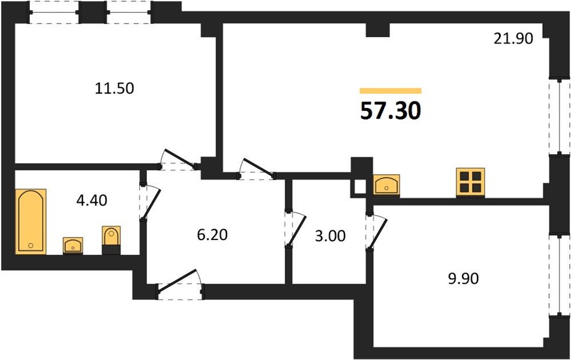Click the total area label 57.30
point(390,111)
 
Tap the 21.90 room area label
point(513,38)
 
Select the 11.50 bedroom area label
point(115,88)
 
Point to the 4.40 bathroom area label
point(92,200)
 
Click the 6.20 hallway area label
point(212,235)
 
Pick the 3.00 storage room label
point(330,236)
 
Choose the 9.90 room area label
point(463,279)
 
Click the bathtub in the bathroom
point(31,221)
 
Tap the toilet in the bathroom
point(111,240)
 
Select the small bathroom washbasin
point(73,245)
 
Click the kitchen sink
point(386,186)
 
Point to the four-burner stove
point(470,182)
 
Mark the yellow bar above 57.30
point(390,91)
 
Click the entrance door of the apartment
point(181,285)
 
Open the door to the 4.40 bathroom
point(149,202)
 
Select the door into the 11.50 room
point(179,160)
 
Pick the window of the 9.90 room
point(560,275)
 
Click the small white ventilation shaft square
point(359,186)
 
